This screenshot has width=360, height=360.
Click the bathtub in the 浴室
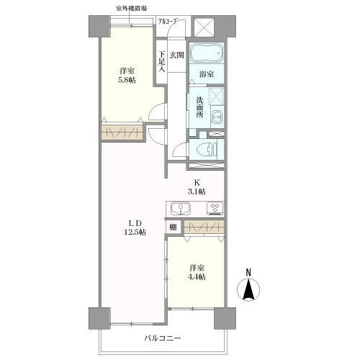207,53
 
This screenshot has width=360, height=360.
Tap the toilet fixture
207,150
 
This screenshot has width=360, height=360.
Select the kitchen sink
180,209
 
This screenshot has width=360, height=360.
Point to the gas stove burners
215,208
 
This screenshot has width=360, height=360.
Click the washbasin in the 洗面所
217,117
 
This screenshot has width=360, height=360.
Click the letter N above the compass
248,272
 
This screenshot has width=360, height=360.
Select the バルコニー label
162,338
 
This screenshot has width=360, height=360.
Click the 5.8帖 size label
127,80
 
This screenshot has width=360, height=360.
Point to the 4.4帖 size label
197,276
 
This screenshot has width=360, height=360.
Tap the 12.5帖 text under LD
135,232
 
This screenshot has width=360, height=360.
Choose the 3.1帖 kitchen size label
197,192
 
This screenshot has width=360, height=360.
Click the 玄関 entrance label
177,55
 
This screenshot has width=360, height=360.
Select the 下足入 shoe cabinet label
162,62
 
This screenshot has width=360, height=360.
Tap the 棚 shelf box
173,227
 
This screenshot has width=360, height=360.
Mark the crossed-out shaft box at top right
204,27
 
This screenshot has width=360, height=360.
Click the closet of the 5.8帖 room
122,132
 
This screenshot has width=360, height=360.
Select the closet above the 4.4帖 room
204,227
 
